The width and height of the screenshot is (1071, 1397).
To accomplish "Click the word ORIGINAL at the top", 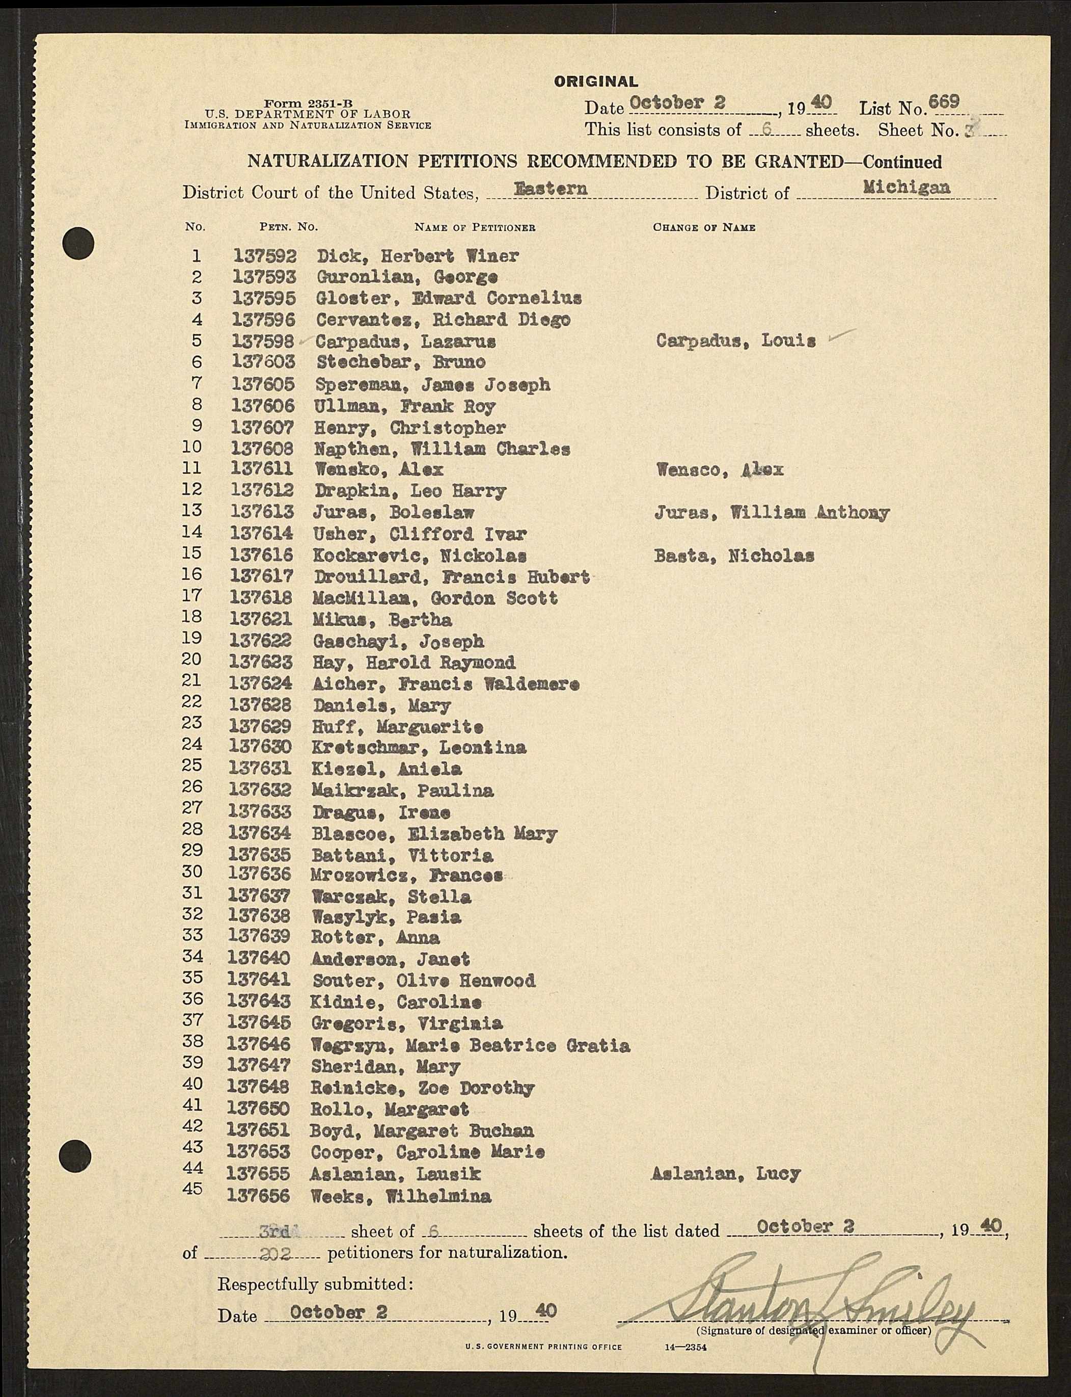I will [595, 82].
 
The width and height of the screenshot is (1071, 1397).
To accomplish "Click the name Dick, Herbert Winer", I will [418, 256].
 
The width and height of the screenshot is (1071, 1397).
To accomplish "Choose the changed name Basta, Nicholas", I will [734, 556].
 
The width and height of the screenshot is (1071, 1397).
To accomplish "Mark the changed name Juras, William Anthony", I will [772, 513].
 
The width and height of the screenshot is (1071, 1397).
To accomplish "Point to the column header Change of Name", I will [704, 228].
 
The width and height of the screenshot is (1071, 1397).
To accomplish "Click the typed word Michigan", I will [906, 188].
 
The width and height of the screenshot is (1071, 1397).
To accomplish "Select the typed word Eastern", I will [551, 189].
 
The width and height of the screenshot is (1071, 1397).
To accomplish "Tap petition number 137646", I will [259, 1045].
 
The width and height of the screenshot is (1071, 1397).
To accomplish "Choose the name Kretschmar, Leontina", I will [420, 747].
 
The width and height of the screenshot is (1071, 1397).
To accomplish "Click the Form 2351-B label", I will [309, 103].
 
